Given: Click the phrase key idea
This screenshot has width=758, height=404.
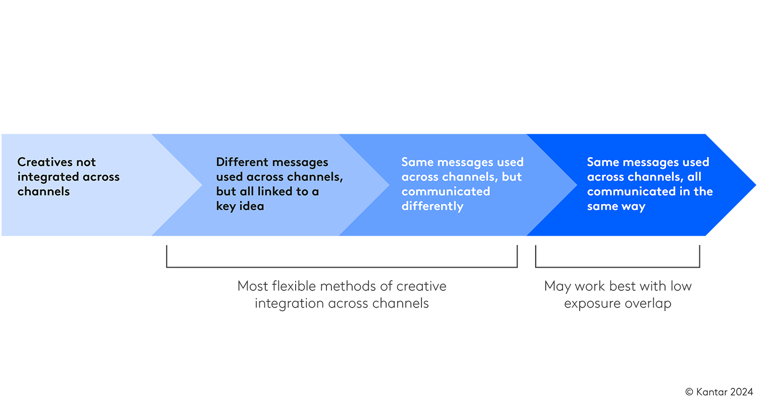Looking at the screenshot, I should [240, 206].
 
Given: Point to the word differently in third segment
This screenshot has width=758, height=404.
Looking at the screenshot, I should [432, 206].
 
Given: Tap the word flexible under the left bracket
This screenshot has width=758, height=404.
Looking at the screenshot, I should [293, 286].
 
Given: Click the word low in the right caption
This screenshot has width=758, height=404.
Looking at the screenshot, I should [681, 286].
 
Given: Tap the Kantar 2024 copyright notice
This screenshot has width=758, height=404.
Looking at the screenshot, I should [719, 392].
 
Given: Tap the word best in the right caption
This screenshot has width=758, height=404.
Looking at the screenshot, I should [623, 286].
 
